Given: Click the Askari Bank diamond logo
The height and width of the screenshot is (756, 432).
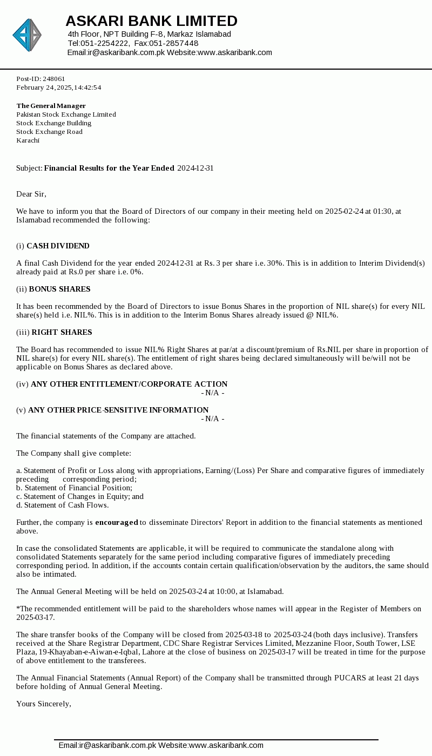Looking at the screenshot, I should [x=27, y=35].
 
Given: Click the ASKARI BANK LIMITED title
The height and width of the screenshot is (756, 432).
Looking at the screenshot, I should [x=151, y=21].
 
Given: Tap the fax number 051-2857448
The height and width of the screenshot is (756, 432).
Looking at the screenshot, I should [x=174, y=43].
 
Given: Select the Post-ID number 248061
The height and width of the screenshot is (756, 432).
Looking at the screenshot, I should [x=54, y=79].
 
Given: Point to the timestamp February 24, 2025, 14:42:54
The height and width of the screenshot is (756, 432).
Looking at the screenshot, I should [x=58, y=87].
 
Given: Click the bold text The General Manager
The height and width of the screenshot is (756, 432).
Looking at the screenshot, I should [x=51, y=106].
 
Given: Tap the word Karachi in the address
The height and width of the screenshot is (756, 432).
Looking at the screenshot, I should [x=28, y=140].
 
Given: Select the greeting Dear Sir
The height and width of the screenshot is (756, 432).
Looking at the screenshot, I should [x=31, y=194].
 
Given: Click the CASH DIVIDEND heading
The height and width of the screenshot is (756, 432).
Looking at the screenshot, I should [x=58, y=246].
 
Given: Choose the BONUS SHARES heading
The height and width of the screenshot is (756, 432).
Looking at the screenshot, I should [x=59, y=289].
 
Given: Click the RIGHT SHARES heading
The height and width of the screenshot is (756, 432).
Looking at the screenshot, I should [x=62, y=332].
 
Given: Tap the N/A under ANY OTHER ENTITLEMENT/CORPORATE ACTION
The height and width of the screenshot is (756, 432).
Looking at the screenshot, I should [x=213, y=393].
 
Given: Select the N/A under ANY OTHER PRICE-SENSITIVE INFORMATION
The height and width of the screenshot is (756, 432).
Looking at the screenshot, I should [x=213, y=418].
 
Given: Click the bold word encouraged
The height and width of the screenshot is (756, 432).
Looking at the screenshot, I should [x=117, y=522].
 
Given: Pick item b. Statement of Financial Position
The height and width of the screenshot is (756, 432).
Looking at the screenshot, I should [x=74, y=488].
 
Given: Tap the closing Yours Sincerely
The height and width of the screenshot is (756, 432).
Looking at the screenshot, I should [x=44, y=704].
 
